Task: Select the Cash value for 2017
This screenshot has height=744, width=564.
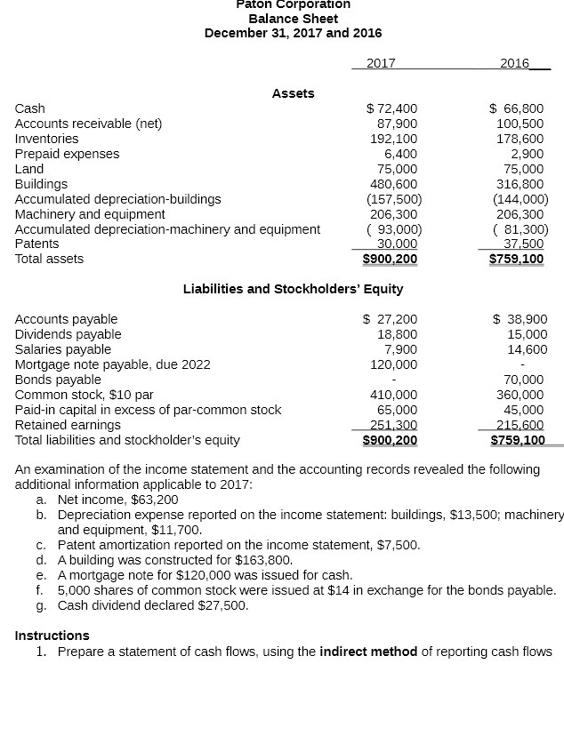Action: [x=392, y=108]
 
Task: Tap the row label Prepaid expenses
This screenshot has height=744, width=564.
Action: [x=67, y=154]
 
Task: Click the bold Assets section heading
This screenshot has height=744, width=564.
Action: [x=293, y=93]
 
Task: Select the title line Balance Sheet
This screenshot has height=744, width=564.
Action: [x=293, y=18]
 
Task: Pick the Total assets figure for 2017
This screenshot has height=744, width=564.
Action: [x=390, y=259]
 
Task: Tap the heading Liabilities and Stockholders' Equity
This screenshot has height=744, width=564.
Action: [x=293, y=289]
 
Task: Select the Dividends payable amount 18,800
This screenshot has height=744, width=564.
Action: [x=398, y=334]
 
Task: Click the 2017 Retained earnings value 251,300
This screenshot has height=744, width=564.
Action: [x=394, y=425]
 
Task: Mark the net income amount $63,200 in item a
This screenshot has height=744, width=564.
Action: [x=154, y=500]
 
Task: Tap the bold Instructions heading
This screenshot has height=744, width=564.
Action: [x=52, y=636]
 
